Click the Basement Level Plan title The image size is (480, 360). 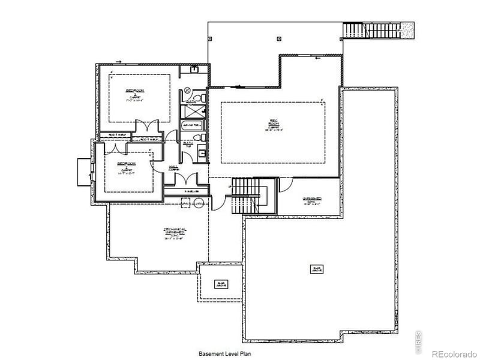[x=225, y=353]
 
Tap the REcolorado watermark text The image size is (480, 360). [x=453, y=354]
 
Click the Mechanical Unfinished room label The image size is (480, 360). [x=175, y=233]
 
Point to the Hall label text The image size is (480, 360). [x=174, y=169]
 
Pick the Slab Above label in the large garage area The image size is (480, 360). [x=314, y=268]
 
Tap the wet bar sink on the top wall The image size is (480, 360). [x=194, y=69]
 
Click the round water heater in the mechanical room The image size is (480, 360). [x=199, y=204]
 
